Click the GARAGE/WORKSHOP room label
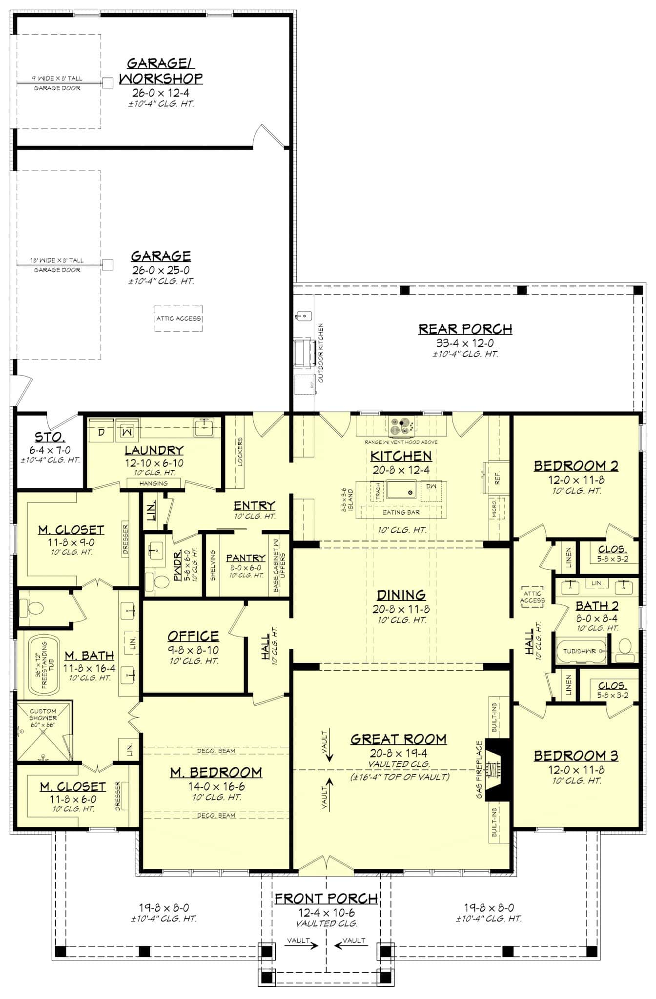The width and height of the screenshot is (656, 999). click(x=161, y=71)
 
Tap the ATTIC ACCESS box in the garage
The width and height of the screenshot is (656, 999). click(x=179, y=319)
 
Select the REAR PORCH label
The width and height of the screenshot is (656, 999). click(x=465, y=329)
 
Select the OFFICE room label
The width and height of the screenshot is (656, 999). click(x=193, y=636)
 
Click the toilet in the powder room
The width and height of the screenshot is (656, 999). click(x=161, y=582)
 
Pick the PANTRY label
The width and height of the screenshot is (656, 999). click(x=246, y=558)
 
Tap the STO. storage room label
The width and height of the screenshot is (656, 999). click(x=49, y=437)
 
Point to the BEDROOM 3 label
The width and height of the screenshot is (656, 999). click(x=575, y=756)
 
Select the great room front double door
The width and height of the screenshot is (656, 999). click(x=326, y=863)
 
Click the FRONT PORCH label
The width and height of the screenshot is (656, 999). click(x=326, y=899)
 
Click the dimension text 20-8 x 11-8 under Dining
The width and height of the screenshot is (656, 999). click(x=401, y=609)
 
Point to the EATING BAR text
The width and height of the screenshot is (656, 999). click(x=401, y=512)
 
